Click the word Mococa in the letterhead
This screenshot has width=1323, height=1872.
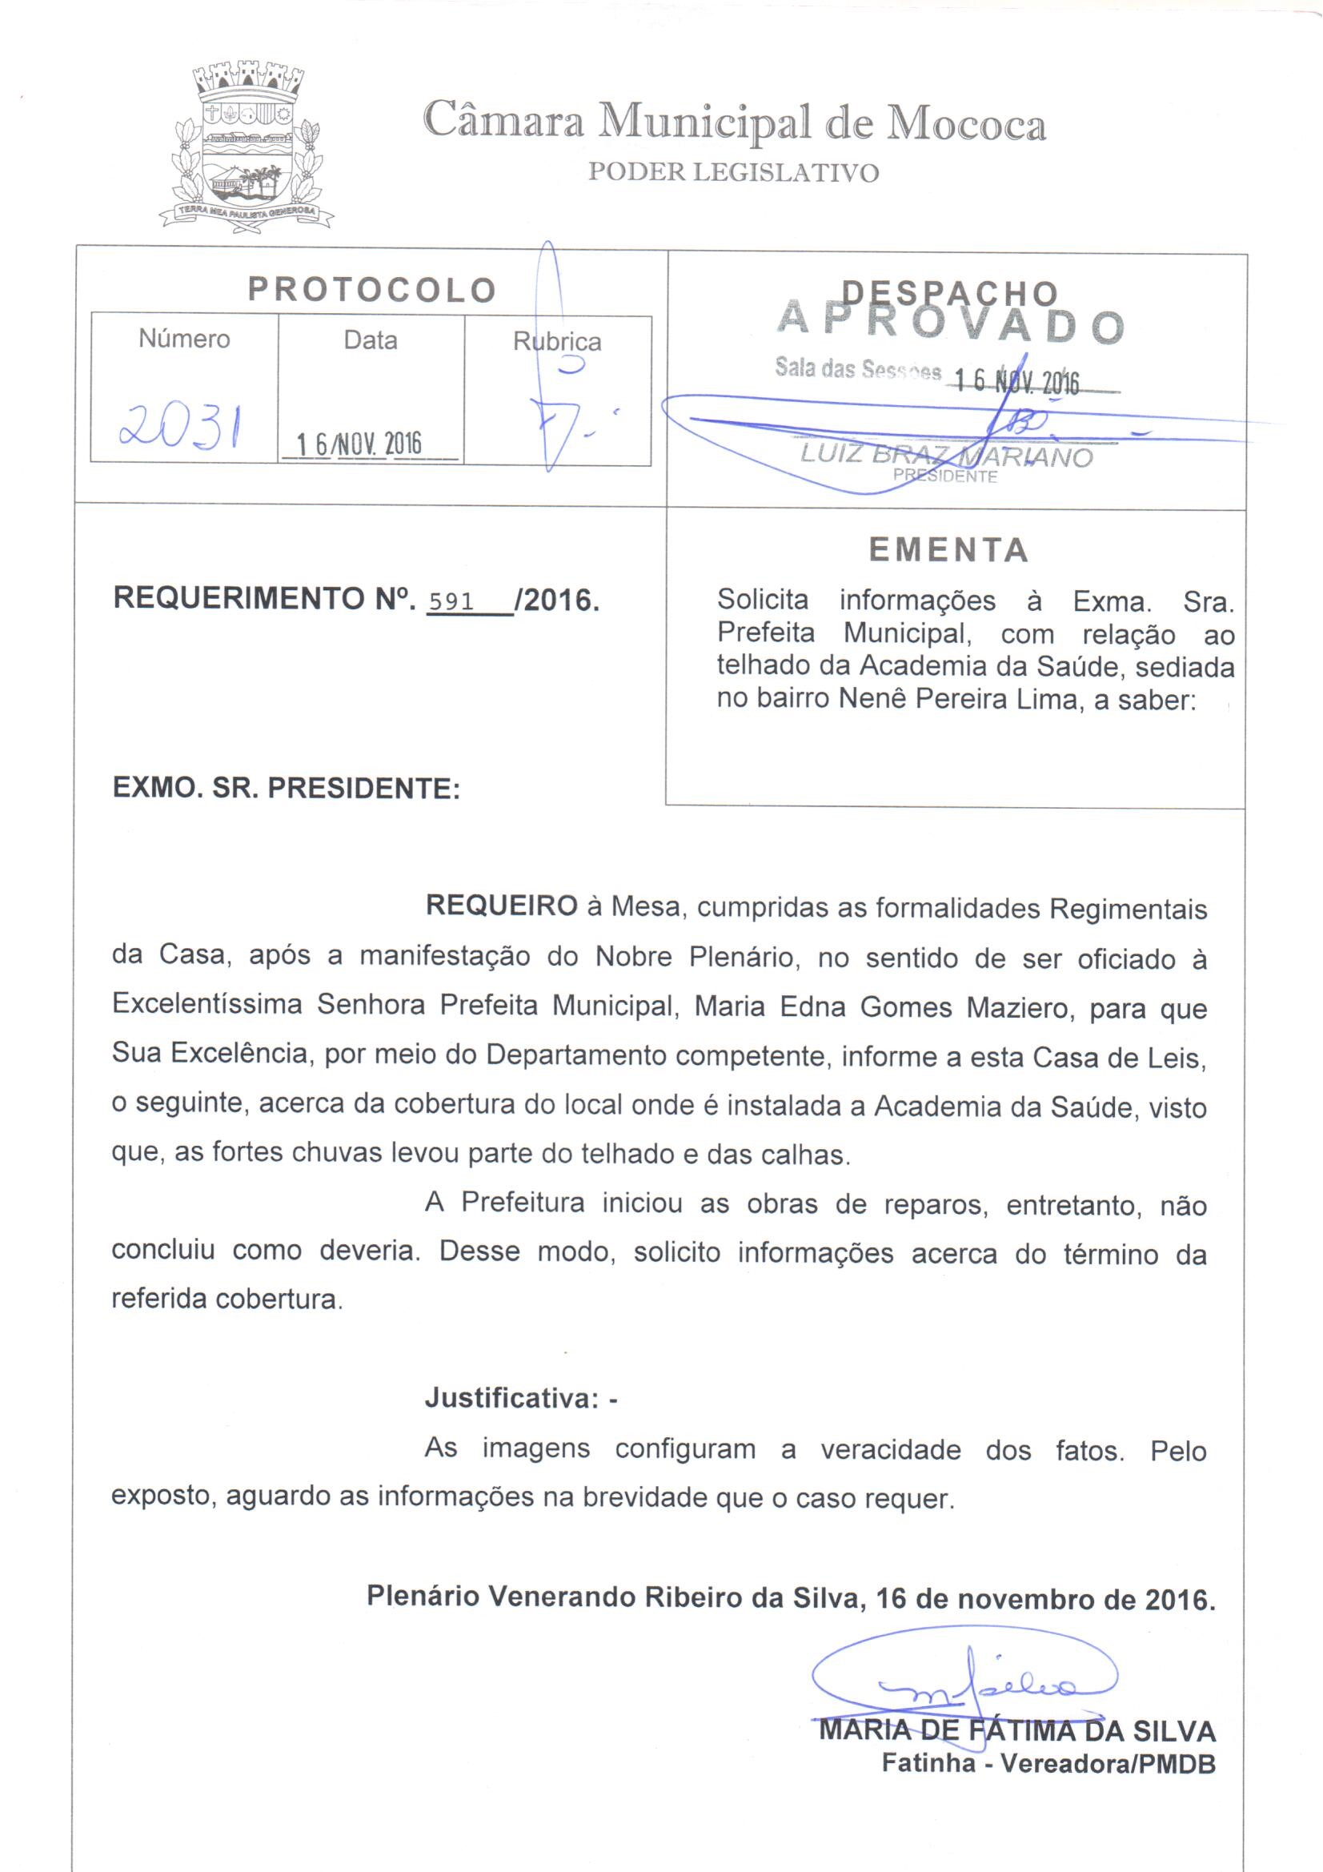click(966, 125)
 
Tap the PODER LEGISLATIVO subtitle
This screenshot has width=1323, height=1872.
click(734, 173)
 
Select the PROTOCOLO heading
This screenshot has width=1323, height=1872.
click(372, 289)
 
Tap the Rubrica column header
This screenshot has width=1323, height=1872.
click(557, 342)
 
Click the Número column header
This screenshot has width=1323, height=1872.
click(184, 339)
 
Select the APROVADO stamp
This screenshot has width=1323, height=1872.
click(951, 325)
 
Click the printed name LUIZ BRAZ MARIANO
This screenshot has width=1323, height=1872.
click(945, 456)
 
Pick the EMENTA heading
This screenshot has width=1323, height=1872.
click(948, 550)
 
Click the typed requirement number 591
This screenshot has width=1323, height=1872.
click(451, 602)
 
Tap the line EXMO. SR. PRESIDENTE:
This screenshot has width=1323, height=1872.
click(286, 789)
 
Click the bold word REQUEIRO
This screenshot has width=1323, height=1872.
click(501, 906)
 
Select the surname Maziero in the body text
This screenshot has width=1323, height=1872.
click(1016, 1008)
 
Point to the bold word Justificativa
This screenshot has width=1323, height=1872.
click(513, 1398)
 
